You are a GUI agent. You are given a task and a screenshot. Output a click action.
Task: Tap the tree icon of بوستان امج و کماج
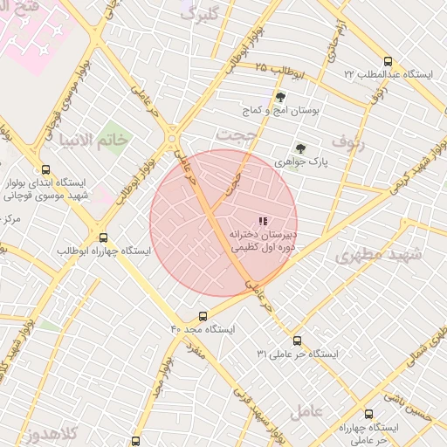point(280,97)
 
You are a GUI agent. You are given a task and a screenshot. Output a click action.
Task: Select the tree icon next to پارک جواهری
point(301,148)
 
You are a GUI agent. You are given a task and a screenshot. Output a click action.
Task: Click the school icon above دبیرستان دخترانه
point(262,221)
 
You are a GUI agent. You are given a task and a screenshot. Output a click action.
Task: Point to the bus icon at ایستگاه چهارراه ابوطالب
point(104,237)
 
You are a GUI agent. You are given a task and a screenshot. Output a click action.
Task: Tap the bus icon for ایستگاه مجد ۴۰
point(203,316)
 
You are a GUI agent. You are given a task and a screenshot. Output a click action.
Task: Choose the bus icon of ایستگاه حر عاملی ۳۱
point(297,340)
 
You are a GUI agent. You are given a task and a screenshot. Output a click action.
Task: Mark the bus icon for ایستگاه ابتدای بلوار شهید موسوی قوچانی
point(46,170)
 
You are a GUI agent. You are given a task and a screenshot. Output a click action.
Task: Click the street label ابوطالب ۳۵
point(279,69)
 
